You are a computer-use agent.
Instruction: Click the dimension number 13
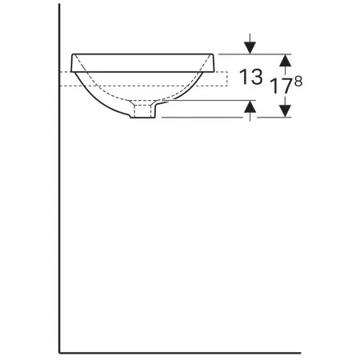tap(251, 77)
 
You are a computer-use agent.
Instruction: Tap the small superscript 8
tap(298, 82)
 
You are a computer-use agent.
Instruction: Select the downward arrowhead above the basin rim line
tap(250, 48)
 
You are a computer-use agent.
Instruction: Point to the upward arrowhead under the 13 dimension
tap(250, 106)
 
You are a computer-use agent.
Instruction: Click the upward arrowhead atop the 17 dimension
tap(286, 60)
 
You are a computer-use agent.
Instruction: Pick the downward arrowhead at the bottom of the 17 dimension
tap(286, 111)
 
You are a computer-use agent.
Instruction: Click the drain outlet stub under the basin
tap(142, 111)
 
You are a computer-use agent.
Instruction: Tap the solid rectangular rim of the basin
tap(142, 63)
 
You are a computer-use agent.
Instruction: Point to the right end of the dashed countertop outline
tap(227, 79)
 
